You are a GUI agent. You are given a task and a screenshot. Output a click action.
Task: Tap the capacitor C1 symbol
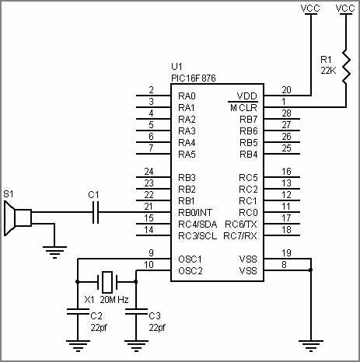click(x=96, y=212)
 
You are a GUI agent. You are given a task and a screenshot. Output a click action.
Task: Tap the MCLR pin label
click(x=243, y=107)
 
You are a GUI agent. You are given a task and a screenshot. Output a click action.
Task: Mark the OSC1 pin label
click(x=190, y=259)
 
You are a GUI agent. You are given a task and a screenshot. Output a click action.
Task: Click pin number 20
click(x=287, y=89)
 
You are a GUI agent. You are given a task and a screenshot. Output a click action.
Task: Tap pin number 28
click(x=287, y=113)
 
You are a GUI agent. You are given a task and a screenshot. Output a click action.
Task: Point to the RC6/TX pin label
click(x=240, y=224)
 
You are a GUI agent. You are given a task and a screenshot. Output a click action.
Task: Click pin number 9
click(x=152, y=253)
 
